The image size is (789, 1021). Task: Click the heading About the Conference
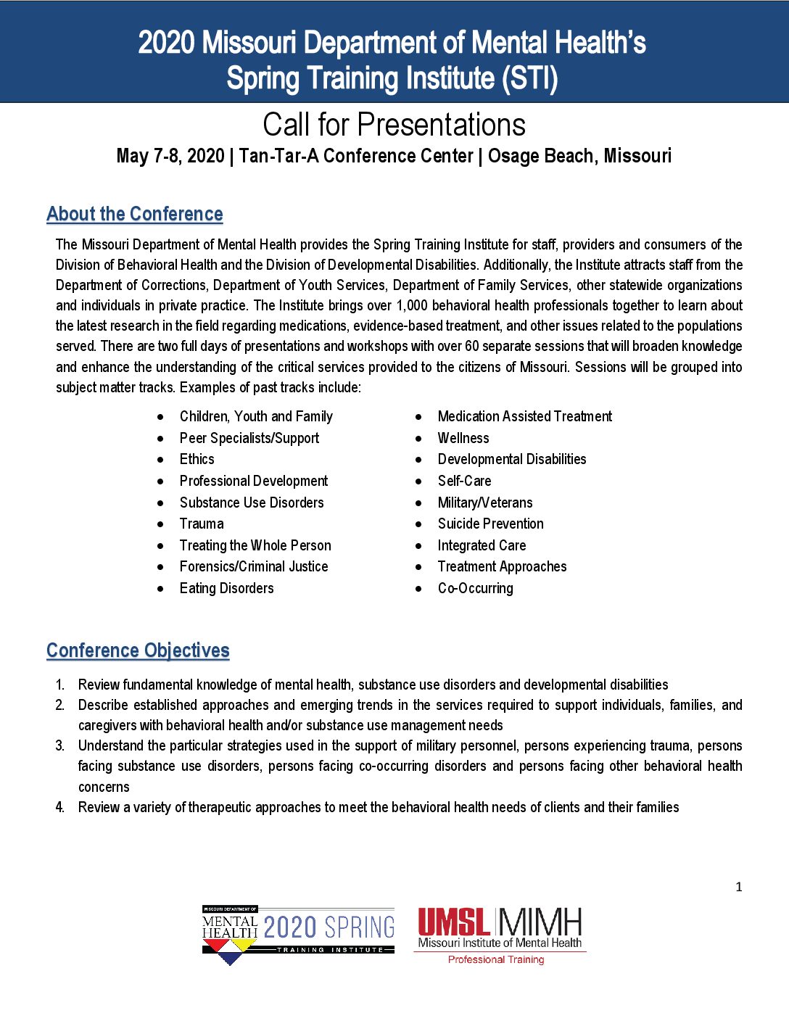(x=135, y=215)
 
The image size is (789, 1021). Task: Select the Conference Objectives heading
(x=138, y=650)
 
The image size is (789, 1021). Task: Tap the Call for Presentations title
(x=394, y=125)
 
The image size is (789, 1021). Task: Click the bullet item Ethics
(x=197, y=459)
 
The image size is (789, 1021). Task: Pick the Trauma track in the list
(x=202, y=524)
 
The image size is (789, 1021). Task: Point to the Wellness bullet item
(x=463, y=438)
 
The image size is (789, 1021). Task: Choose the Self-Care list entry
(x=464, y=481)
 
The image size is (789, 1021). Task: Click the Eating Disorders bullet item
(x=226, y=588)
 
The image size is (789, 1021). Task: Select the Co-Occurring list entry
(x=475, y=588)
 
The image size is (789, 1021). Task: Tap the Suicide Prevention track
(x=490, y=524)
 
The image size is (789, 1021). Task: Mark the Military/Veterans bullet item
(x=484, y=503)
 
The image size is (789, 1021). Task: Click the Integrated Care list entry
(x=482, y=545)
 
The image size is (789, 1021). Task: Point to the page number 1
(x=739, y=887)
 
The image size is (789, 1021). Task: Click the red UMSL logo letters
(x=454, y=922)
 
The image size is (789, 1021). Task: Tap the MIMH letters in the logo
(x=540, y=922)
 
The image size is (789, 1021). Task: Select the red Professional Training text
(x=496, y=959)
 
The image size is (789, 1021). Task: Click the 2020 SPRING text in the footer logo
(x=329, y=927)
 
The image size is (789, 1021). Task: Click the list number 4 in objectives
(x=59, y=807)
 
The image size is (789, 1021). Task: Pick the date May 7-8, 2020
(x=170, y=156)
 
